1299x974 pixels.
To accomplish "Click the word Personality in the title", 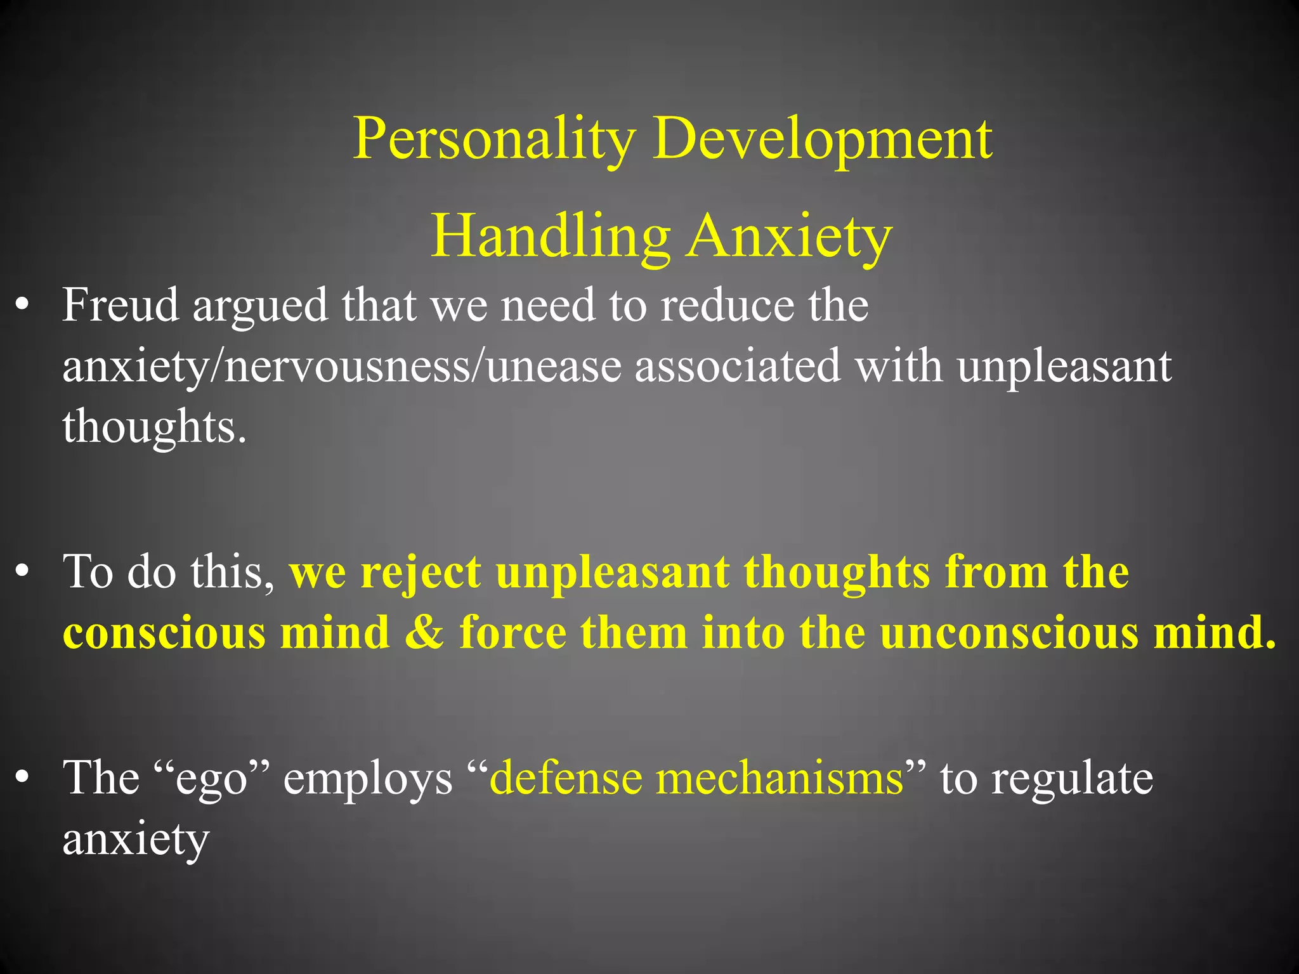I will (x=494, y=139).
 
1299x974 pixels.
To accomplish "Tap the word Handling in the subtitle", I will (x=550, y=236).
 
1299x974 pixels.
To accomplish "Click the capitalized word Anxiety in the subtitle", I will (x=790, y=236).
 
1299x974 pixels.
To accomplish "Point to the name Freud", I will (x=121, y=305).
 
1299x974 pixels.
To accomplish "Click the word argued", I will (x=261, y=306).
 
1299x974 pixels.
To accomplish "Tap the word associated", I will (x=738, y=366).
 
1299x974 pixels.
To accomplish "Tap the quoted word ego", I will (x=211, y=778).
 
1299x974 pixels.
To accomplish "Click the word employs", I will (x=368, y=779).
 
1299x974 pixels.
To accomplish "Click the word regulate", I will (x=1073, y=779).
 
